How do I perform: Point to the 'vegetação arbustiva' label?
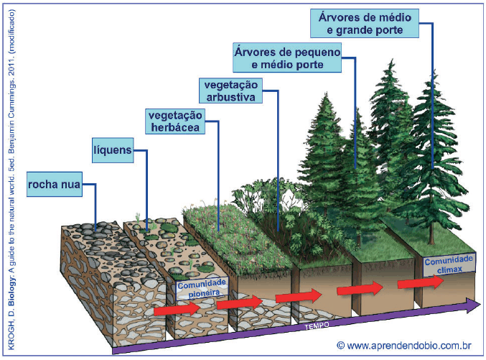(230, 91)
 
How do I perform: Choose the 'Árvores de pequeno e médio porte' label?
(287, 57)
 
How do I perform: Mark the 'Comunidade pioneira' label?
(202, 288)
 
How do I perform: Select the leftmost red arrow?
(176, 309)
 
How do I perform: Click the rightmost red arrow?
(430, 282)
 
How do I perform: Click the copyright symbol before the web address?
(340, 346)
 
